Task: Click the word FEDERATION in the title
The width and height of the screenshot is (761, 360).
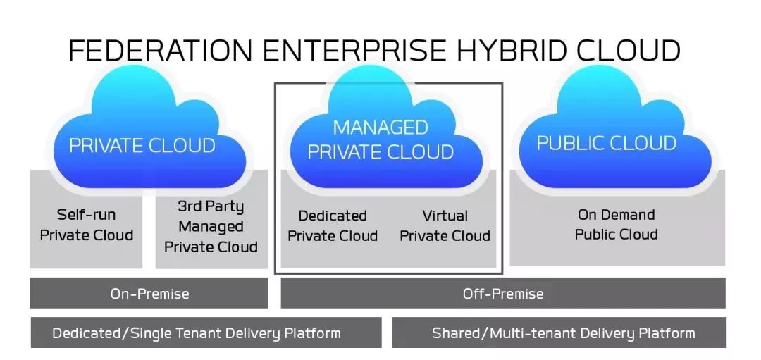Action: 161,50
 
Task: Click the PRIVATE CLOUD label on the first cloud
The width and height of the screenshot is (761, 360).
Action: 142,146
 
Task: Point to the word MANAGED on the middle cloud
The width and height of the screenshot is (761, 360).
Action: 380,128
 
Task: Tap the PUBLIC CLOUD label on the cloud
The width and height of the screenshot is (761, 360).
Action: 606,143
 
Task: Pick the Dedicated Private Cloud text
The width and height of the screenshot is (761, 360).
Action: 333,225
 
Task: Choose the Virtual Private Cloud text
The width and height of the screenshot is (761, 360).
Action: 445,225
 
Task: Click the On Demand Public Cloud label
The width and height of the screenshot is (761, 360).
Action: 617,224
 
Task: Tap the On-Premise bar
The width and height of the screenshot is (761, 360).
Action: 149,293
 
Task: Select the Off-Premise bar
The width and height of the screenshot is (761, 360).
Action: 503,293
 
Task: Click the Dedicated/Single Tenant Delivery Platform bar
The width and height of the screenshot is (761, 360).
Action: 206,333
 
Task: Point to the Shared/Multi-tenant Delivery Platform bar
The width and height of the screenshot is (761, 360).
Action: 559,333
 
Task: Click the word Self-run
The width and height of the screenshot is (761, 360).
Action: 87,214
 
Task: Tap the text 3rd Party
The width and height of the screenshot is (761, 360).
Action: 211,206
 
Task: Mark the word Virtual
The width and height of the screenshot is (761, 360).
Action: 445,216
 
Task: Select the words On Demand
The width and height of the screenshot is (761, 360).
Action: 617,214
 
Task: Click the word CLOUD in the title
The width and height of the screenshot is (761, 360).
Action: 631,50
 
